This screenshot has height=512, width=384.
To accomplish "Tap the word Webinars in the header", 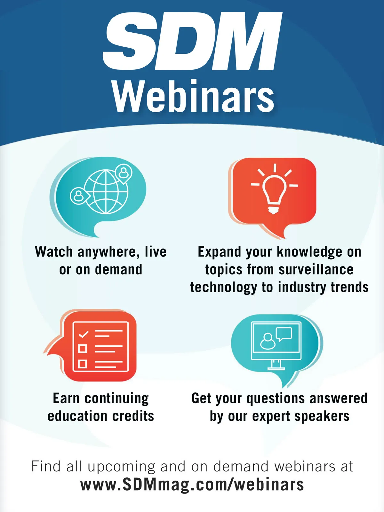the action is point(193,96).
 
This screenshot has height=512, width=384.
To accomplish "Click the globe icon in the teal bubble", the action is point(106,191).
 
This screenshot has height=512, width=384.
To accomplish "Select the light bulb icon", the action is point(275,189).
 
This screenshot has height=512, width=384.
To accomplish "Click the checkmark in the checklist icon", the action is point(84,334).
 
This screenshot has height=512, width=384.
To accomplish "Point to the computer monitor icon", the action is point(276,346).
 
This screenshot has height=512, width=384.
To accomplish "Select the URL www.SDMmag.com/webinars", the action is point(192,485).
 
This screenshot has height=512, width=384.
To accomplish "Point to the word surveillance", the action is point(316,269).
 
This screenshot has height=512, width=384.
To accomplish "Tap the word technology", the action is point(224,288).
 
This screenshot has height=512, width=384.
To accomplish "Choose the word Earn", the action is point(66,398).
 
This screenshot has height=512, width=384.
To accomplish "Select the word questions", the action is point(276,399).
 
